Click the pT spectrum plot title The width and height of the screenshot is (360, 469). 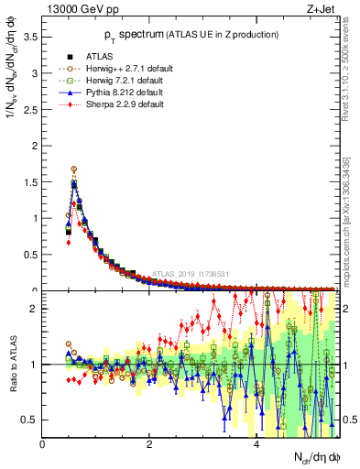[x=191, y=36]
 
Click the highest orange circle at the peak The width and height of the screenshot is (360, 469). [x=74, y=169]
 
